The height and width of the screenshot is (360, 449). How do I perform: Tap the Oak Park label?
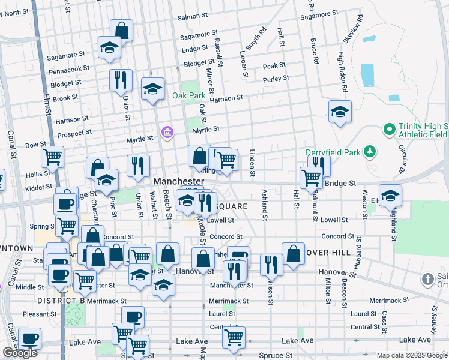(189, 95)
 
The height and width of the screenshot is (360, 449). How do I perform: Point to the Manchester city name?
(178, 181)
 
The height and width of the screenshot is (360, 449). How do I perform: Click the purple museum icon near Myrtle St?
(167, 131)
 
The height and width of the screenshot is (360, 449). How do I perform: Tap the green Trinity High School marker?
(389, 129)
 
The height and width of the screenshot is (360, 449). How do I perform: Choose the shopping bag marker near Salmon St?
(121, 30)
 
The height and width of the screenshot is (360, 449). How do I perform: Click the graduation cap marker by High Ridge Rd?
(340, 111)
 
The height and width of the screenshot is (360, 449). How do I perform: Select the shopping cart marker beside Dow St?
(52, 157)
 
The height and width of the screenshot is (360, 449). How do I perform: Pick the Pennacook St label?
(69, 70)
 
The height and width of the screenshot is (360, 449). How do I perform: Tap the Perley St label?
(276, 79)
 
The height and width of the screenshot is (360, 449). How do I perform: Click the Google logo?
(20, 353)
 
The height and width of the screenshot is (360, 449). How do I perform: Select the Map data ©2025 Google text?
(411, 355)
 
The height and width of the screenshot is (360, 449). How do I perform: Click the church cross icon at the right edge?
(427, 279)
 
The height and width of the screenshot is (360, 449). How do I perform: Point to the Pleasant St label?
(40, 314)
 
